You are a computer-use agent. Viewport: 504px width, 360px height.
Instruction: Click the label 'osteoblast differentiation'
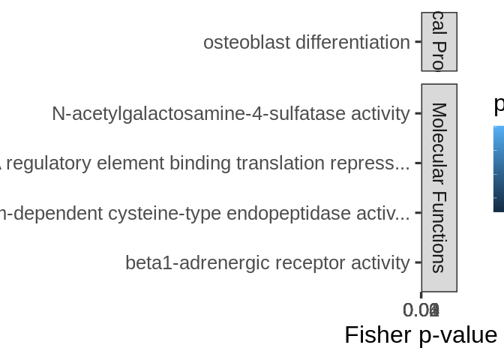pyautogui.click(x=306, y=43)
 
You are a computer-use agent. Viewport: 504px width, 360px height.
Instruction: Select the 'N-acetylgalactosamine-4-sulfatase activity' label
pyautogui.click(x=230, y=114)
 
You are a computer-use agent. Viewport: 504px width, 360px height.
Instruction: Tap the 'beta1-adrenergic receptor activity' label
pyautogui.click(x=267, y=263)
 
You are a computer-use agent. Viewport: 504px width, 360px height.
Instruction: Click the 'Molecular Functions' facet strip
pyautogui.click(x=439, y=187)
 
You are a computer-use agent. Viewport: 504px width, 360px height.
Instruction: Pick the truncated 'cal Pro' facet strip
pyautogui.click(x=439, y=41)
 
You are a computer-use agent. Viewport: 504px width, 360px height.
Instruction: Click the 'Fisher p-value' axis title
pyautogui.click(x=420, y=334)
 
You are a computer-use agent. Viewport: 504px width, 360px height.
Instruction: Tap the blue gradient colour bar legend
pyautogui.click(x=499, y=169)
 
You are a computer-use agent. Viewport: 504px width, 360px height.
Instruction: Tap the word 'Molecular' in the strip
pyautogui.click(x=439, y=143)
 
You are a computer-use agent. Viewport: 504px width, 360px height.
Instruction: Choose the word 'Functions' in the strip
pyautogui.click(x=439, y=232)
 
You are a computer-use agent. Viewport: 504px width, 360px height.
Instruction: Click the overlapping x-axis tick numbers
pyautogui.click(x=421, y=310)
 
